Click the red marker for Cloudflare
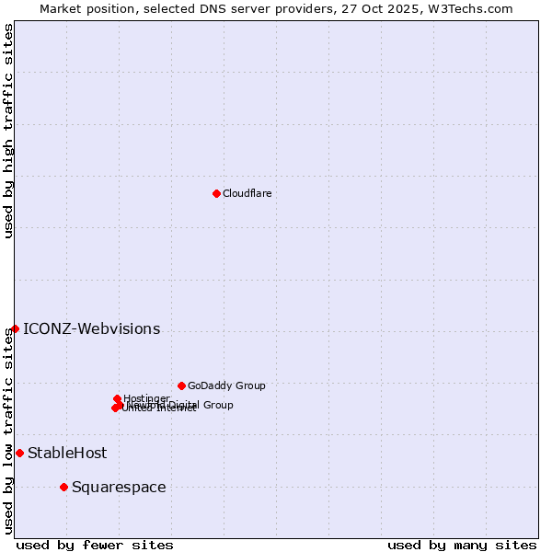click(x=216, y=193)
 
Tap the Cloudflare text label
click(x=247, y=193)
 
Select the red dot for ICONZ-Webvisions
click(x=15, y=328)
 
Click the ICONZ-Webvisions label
click(x=91, y=329)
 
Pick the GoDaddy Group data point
click(x=181, y=385)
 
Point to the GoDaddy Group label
click(x=226, y=385)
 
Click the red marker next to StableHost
click(x=19, y=453)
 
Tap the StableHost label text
click(x=67, y=453)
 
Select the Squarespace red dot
click(x=63, y=487)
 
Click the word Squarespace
click(x=119, y=488)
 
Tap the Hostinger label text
click(x=147, y=398)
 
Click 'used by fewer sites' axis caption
click(x=95, y=545)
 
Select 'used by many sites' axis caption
click(x=462, y=545)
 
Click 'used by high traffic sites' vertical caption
click(x=8, y=131)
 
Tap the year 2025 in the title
click(x=409, y=8)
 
